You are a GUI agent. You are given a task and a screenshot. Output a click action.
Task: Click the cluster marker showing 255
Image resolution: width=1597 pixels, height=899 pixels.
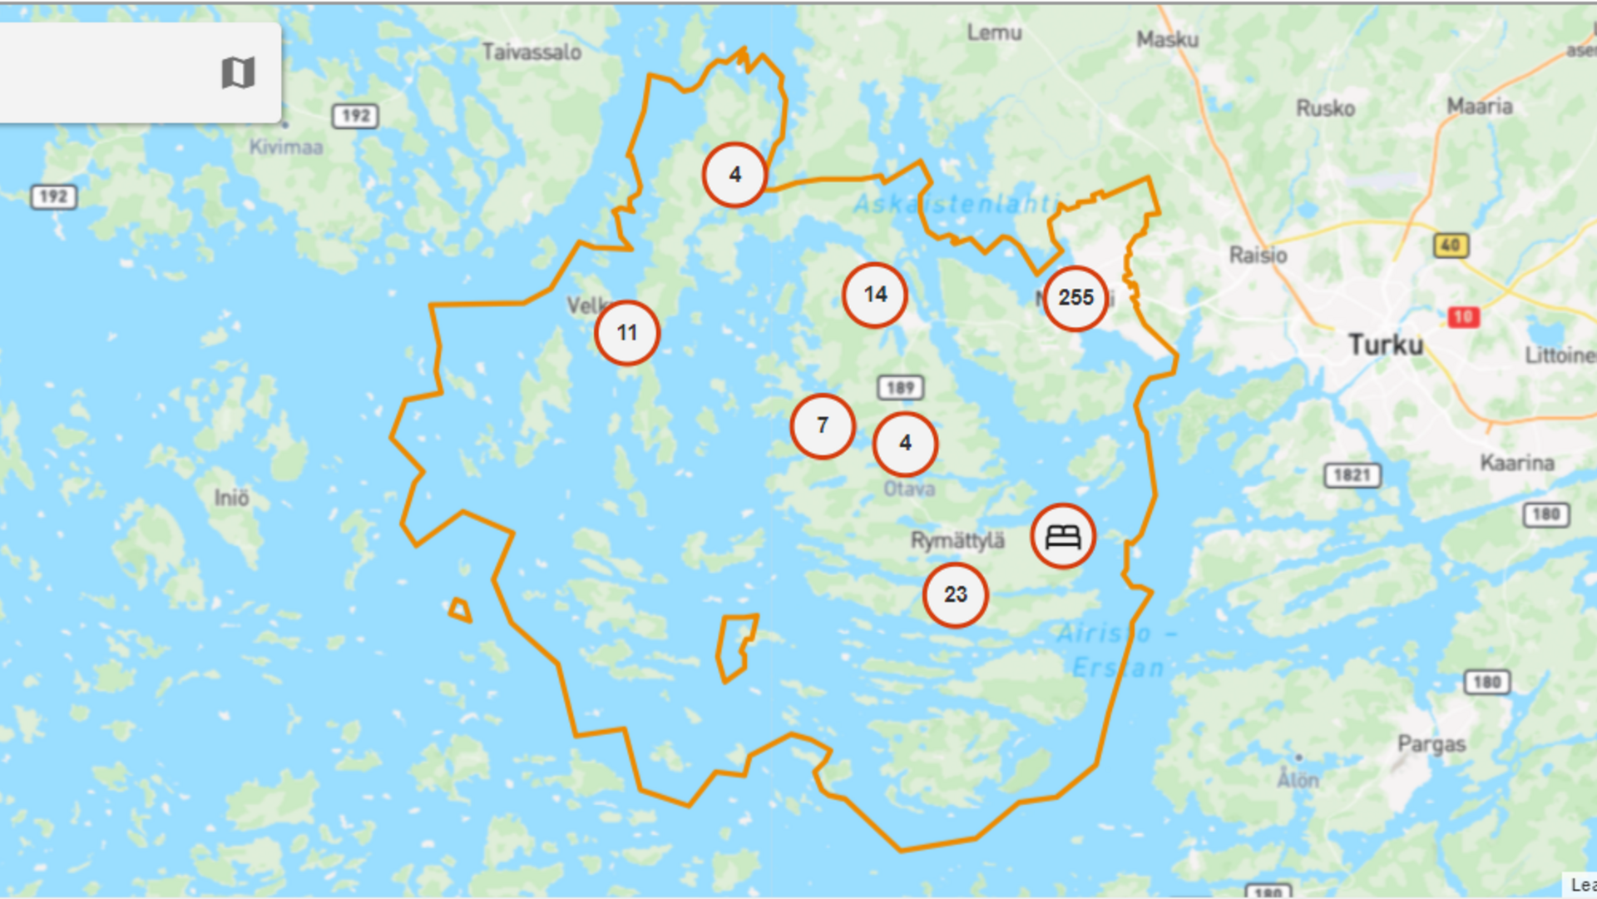(x=1075, y=298)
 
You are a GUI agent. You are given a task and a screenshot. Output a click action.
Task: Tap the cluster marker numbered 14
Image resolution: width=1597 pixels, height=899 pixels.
(x=875, y=295)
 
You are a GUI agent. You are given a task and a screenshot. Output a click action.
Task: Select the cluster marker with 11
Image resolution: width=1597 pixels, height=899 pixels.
(x=627, y=333)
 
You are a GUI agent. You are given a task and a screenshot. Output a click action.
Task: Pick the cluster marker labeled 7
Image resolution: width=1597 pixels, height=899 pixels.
(x=823, y=426)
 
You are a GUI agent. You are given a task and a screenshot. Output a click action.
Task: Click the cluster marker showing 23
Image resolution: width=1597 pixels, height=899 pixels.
(x=956, y=594)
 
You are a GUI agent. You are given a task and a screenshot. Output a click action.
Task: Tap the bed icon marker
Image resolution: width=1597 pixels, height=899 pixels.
(x=1063, y=536)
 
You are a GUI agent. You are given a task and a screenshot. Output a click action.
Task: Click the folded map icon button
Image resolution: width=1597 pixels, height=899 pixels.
(x=238, y=73)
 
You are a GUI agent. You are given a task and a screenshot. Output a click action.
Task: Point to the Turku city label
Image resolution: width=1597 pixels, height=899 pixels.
(x=1386, y=345)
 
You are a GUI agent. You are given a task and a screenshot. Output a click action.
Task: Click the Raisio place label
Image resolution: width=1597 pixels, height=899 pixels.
(x=1258, y=255)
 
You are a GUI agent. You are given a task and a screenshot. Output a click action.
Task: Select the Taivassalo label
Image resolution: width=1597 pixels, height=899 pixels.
(x=532, y=52)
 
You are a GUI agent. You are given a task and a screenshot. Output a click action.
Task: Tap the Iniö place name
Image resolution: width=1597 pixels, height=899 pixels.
(x=231, y=498)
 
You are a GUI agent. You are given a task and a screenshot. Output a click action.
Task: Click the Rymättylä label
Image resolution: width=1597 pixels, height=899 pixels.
(x=957, y=541)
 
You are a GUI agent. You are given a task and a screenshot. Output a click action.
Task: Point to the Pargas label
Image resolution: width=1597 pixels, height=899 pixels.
(x=1431, y=744)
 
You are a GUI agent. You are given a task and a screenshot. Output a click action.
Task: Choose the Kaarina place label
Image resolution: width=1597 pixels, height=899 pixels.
(x=1517, y=463)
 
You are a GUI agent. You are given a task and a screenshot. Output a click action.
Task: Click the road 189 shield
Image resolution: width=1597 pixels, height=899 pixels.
(x=900, y=387)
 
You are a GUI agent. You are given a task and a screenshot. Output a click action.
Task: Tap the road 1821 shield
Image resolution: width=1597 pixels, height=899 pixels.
(x=1352, y=475)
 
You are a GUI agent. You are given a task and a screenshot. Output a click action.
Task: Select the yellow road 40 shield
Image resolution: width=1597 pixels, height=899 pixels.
(x=1451, y=246)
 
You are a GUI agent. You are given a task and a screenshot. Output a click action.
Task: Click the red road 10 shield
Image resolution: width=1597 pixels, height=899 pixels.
(x=1464, y=317)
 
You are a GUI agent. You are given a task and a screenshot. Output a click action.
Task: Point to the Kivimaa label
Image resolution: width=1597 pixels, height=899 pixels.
(x=286, y=147)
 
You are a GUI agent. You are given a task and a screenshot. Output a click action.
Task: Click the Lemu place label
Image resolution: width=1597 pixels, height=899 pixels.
(x=994, y=32)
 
